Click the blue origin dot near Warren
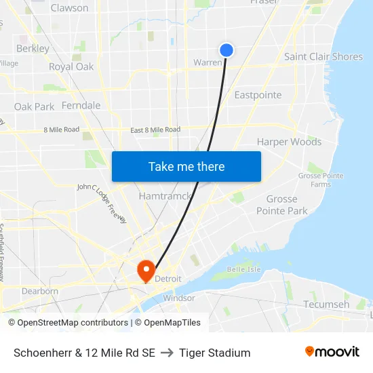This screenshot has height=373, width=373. coord(227,50)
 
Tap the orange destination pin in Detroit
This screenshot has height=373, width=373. coord(146,271)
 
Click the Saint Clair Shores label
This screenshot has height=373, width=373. coord(323,56)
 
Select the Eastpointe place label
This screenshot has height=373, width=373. coord(258,95)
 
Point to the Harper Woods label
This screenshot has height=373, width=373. coord(289,142)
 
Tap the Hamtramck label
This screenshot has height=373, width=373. coord(161,196)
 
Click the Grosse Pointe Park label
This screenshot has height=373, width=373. coord(281,205)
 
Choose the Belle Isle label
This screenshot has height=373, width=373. coord(243,269)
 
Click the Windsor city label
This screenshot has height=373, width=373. coord(179,298)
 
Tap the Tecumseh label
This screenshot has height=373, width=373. coord(326,304)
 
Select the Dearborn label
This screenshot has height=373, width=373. coord(40,291)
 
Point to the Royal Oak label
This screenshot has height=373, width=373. coord(71,66)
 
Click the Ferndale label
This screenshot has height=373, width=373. coord(81,105)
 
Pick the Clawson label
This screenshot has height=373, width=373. coord(69,8)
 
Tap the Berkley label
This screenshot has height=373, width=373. coord(33,48)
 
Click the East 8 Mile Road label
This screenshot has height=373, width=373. coord(155,130)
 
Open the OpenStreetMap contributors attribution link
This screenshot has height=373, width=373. coord(68,323)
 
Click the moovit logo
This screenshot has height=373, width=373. coord(332,351)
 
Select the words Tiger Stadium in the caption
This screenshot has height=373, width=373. coord(215,353)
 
